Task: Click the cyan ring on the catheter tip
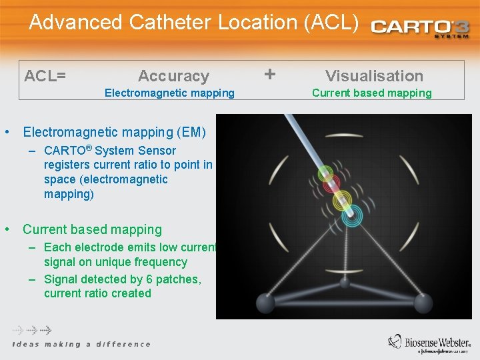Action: pos(351,215)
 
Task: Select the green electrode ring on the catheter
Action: pos(325,173)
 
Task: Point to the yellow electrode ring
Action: pos(342,199)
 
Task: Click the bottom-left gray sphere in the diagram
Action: pos(266,303)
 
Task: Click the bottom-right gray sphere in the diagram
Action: pos(423,303)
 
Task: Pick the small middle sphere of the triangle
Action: pos(345,283)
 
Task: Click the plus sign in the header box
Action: pos(269,73)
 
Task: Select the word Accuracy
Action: pos(173,76)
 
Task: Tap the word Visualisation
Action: pos(374,76)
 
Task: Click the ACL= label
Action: pos(45,75)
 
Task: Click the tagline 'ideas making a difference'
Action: pos(81,344)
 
